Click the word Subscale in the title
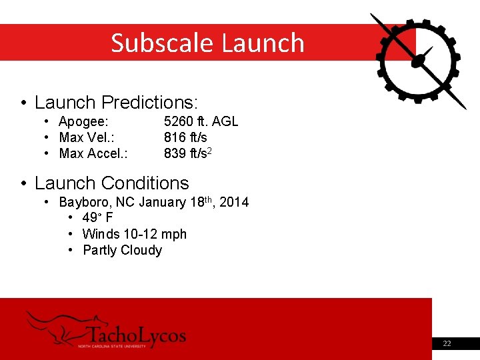point(163,43)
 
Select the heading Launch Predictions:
point(117,103)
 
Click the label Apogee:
point(83,121)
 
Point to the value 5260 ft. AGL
point(201,121)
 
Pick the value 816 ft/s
point(185,137)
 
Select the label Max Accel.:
point(93,154)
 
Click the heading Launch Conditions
point(111,183)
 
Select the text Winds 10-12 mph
point(134,234)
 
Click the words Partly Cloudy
point(122,251)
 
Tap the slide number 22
point(447,343)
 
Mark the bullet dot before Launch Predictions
point(23,103)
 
